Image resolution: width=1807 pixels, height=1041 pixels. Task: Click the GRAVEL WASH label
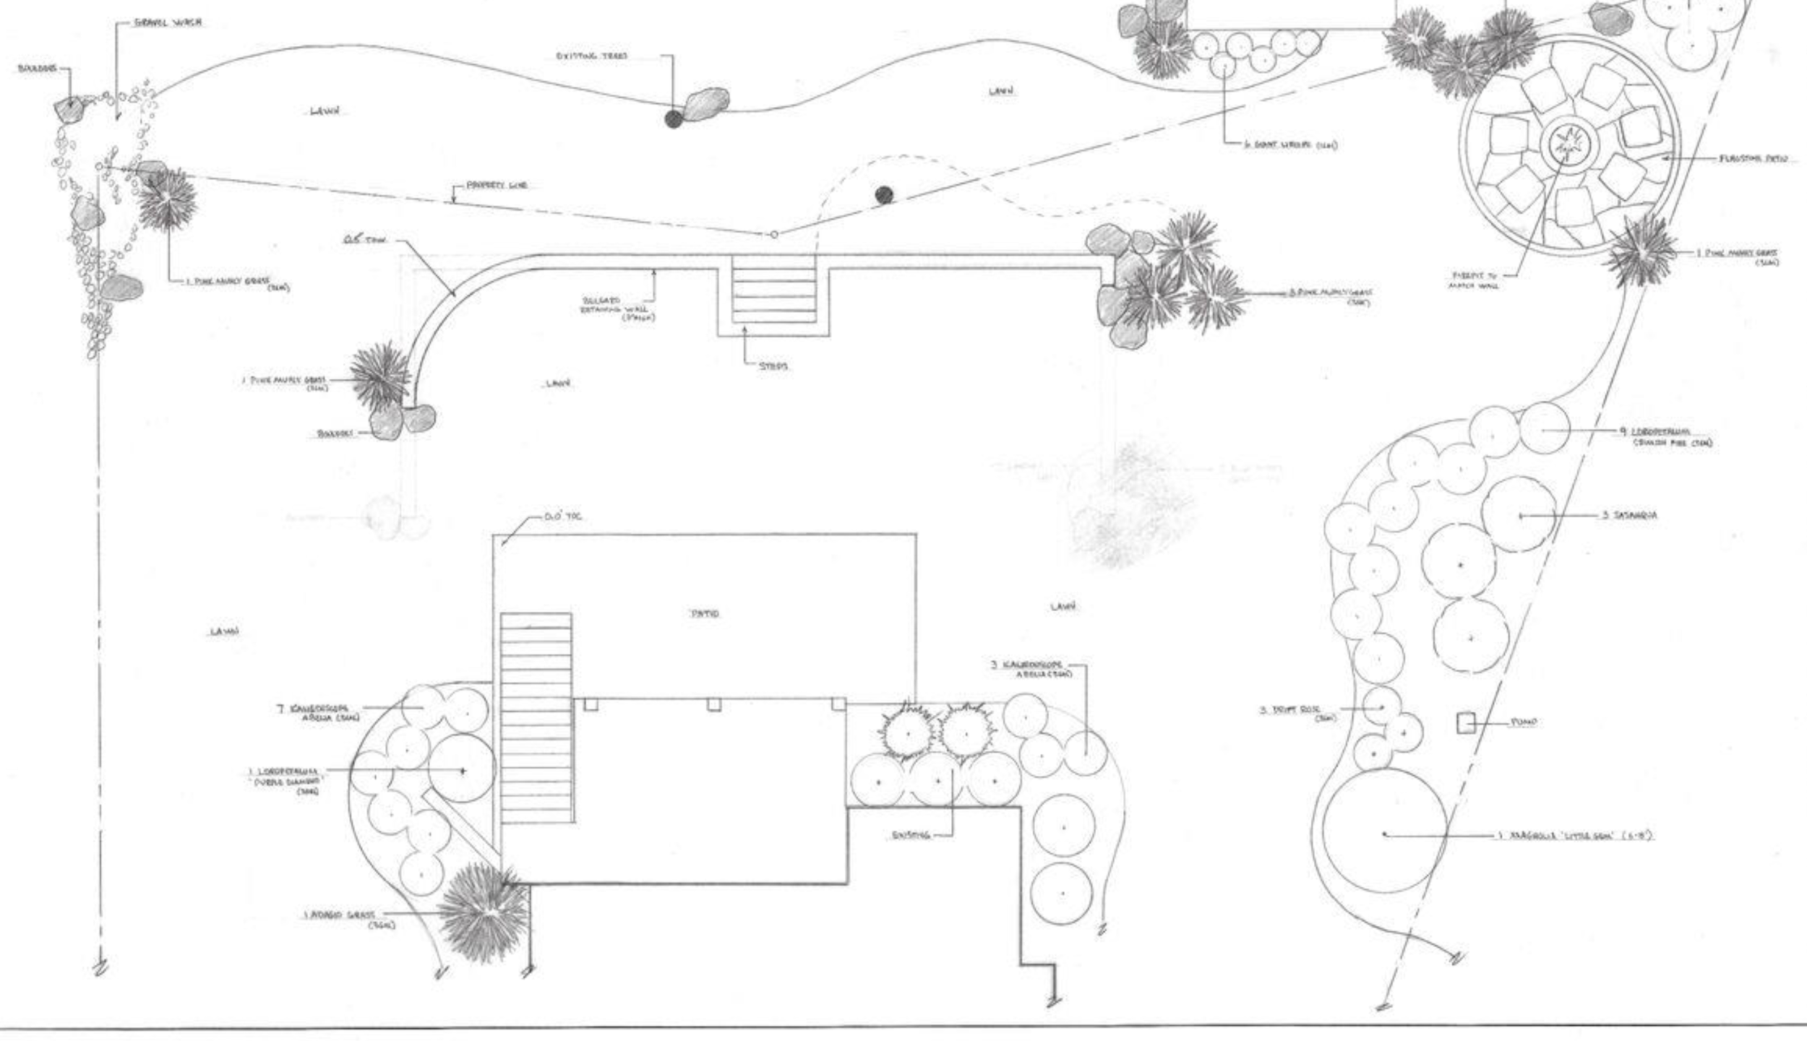tap(168, 22)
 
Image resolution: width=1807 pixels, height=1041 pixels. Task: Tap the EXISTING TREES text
tap(591, 56)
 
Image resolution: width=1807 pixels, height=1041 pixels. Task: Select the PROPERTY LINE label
tap(497, 186)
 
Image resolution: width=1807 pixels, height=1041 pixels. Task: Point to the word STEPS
tap(773, 366)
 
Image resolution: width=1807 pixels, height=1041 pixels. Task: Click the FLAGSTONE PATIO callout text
tap(1753, 158)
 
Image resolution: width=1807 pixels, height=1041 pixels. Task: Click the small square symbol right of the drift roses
tap(1466, 722)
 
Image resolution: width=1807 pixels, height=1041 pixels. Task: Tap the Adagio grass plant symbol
tap(483, 912)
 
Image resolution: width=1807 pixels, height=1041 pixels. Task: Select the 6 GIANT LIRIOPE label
tap(1289, 145)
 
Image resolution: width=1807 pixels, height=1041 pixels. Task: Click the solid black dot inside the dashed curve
tap(883, 194)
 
